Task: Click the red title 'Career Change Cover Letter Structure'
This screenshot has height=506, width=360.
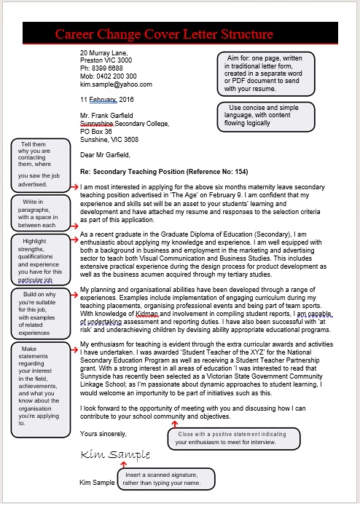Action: (x=164, y=34)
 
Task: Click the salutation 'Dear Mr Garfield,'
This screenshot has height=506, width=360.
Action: (x=105, y=154)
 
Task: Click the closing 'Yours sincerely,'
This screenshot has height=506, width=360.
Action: (x=103, y=433)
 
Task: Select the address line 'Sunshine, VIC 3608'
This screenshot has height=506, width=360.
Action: (x=109, y=139)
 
